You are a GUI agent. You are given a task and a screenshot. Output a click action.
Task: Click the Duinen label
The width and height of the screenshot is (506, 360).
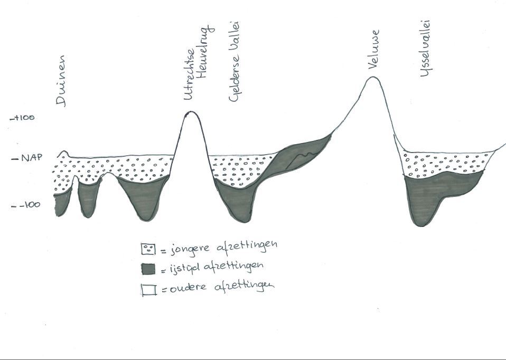[x=62, y=81]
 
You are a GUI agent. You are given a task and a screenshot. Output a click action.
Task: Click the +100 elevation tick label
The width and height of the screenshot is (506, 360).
[x=22, y=117]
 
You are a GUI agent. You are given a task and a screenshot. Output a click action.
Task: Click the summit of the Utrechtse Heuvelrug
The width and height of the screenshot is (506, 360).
[x=190, y=112]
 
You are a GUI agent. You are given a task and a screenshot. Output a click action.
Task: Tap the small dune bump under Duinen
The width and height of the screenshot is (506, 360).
[x=63, y=153]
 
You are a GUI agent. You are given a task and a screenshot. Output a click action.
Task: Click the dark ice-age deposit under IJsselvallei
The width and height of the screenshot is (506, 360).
[x=428, y=198]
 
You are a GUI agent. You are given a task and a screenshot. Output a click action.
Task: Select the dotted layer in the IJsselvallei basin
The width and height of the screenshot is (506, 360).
[x=444, y=164]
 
